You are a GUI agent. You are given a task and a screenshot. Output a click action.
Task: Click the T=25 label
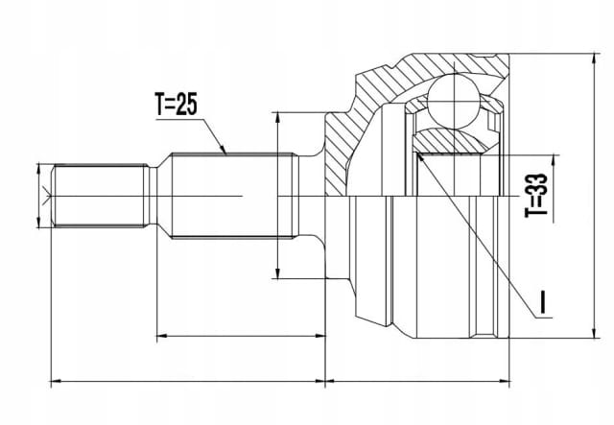pyautogui.click(x=176, y=105)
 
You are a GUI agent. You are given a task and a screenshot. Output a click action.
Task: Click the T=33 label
pyautogui.click(x=536, y=195)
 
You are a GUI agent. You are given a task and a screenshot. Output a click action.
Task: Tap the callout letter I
pyautogui.click(x=542, y=302)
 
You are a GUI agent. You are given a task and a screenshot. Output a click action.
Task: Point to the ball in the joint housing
pyautogui.click(x=454, y=101)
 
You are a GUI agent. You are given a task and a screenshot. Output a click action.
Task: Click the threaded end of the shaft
pyautogui.click(x=101, y=196)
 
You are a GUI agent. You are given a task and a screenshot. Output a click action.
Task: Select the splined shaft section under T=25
pyautogui.click(x=233, y=196)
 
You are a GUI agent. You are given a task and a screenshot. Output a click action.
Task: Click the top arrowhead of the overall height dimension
pyautogui.click(x=595, y=59)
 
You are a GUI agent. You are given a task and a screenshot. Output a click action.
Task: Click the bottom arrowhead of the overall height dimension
pyautogui.click(x=595, y=333)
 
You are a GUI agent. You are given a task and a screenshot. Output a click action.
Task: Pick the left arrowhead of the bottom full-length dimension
pyautogui.click(x=57, y=380)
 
